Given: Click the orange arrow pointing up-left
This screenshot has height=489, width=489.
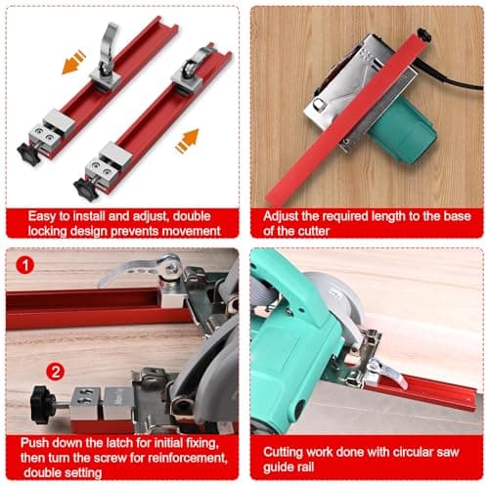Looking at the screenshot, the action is click(x=73, y=62).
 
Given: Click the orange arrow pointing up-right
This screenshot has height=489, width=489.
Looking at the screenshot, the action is click(x=188, y=141).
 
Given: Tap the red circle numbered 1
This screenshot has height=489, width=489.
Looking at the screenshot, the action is click(x=25, y=265).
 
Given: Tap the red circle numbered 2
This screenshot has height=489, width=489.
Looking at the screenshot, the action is click(x=56, y=372).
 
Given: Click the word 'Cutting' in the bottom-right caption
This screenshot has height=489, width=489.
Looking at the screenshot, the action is click(x=283, y=453).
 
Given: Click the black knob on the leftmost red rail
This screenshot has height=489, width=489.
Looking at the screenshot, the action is click(x=29, y=154).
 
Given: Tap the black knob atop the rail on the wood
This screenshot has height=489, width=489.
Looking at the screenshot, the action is click(x=424, y=34).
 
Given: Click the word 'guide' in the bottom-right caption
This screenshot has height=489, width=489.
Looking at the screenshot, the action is click(x=279, y=467).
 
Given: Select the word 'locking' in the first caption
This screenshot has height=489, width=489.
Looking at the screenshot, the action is click(x=47, y=231).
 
